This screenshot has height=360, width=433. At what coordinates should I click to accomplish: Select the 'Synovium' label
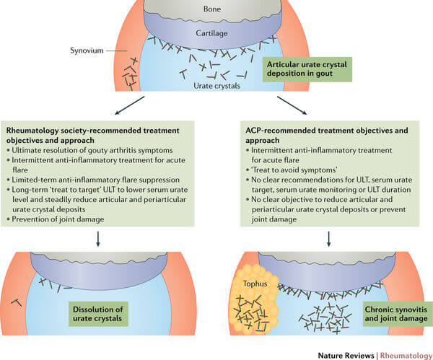84,51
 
